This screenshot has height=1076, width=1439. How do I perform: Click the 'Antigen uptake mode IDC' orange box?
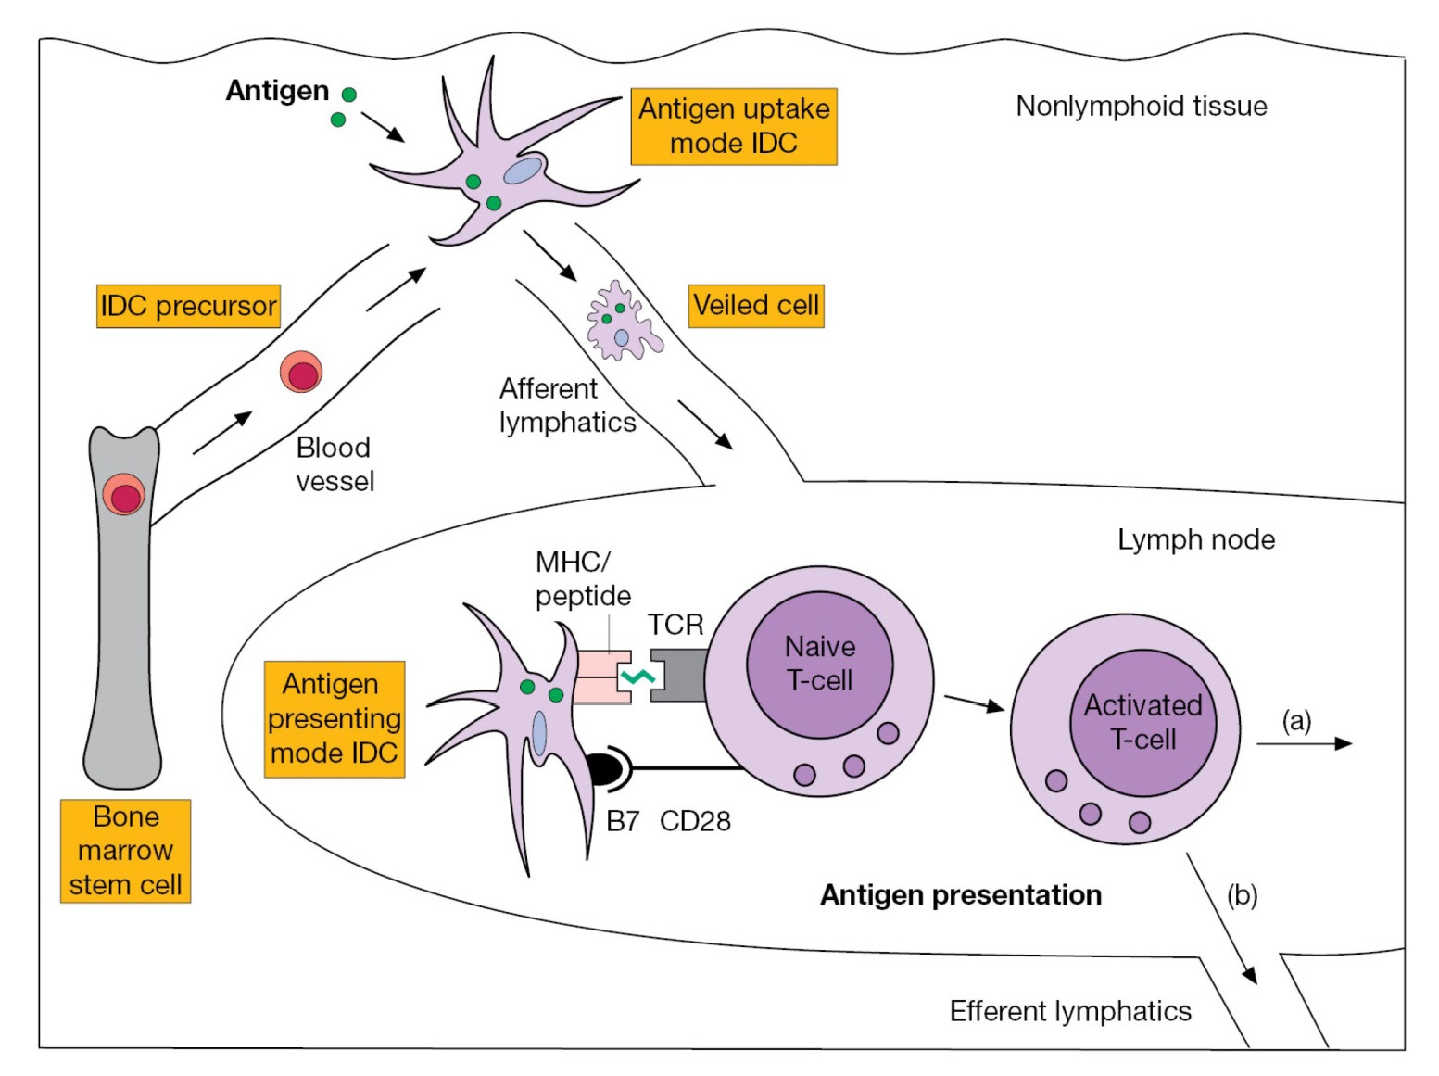pyautogui.click(x=733, y=126)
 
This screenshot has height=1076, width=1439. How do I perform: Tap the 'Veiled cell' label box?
pyautogui.click(x=755, y=305)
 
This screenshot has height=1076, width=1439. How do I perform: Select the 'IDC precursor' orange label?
pyautogui.click(x=188, y=306)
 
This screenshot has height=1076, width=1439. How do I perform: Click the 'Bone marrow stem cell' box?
pyautogui.click(x=125, y=851)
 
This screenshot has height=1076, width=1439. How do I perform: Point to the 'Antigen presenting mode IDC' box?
pyautogui.click(x=334, y=718)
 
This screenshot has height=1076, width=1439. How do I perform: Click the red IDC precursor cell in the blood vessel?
pyautogui.click(x=302, y=373)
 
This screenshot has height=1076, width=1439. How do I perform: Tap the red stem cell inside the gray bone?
pyautogui.click(x=124, y=495)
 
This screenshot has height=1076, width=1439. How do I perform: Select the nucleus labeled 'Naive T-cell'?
pyautogui.click(x=819, y=664)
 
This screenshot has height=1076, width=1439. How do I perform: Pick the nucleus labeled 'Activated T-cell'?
pyautogui.click(x=1142, y=722)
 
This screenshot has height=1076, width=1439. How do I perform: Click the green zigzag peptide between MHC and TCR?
pyautogui.click(x=638, y=677)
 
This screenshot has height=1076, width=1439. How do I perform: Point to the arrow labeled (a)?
pyautogui.click(x=1304, y=743)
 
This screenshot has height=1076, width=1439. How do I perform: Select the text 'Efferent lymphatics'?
pyautogui.click(x=1070, y=1010)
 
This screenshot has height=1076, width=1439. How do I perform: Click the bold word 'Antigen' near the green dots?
pyautogui.click(x=277, y=91)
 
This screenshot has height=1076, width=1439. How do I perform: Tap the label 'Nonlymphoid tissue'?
pyautogui.click(x=1141, y=106)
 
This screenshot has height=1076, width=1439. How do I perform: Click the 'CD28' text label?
pyautogui.click(x=695, y=821)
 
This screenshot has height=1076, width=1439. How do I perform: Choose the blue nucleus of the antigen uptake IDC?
pyautogui.click(x=523, y=171)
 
